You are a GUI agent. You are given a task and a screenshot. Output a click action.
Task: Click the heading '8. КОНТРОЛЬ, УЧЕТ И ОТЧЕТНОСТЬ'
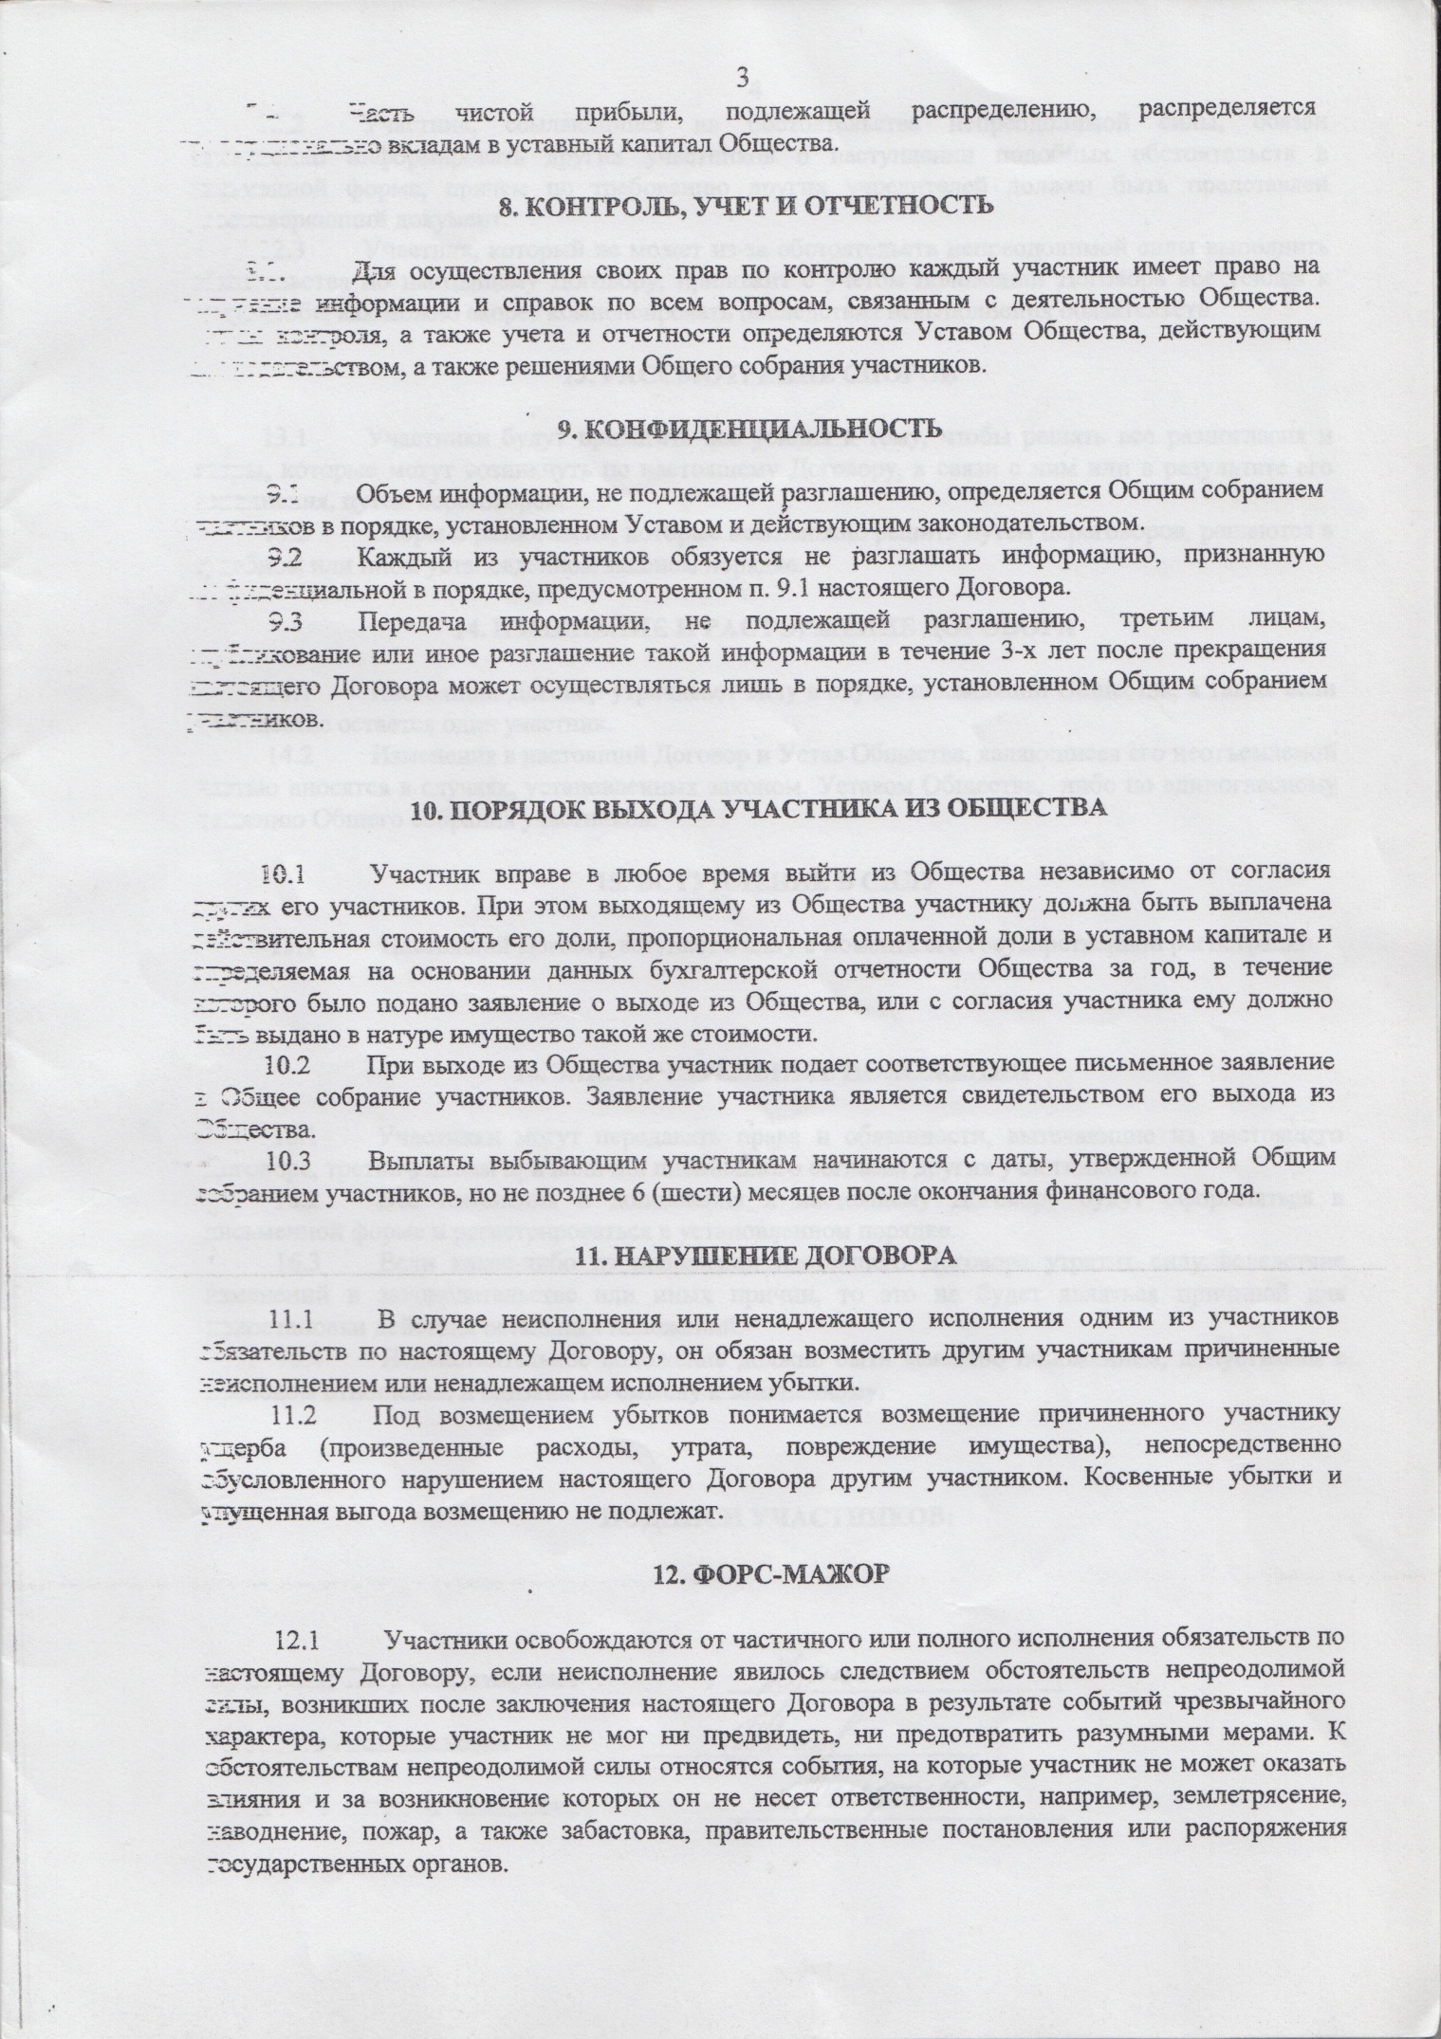(747, 205)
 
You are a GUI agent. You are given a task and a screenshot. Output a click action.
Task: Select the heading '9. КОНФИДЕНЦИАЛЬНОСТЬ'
(741, 427)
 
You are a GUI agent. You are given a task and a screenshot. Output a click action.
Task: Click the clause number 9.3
(286, 623)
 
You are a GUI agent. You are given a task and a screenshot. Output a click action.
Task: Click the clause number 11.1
(294, 1319)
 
